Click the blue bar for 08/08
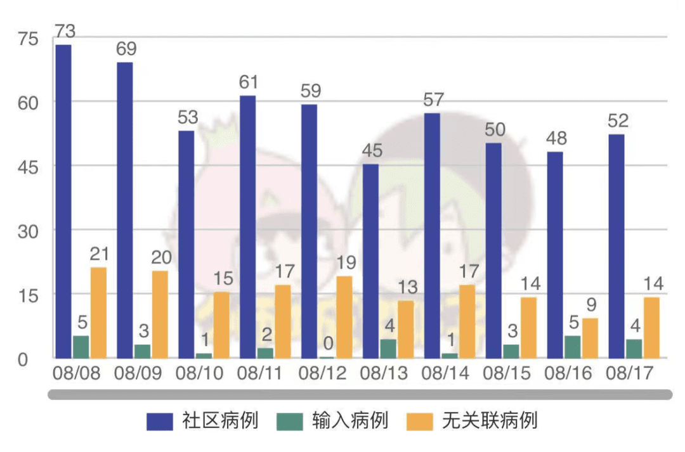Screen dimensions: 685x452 click(x=64, y=202)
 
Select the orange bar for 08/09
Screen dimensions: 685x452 click(x=160, y=314)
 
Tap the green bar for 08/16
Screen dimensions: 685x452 click(x=573, y=347)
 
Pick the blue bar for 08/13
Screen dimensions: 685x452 click(x=371, y=261)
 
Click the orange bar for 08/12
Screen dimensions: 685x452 click(x=344, y=317)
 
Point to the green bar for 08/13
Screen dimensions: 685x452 click(x=388, y=349)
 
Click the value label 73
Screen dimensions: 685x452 click(x=65, y=31)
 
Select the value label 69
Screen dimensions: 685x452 click(x=126, y=48)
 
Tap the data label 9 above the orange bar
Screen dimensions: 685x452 click(x=592, y=305)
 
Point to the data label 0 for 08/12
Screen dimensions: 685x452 click(x=328, y=343)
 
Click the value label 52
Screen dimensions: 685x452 click(x=618, y=120)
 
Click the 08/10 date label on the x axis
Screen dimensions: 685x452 click(x=199, y=373)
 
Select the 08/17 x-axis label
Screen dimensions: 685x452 click(x=630, y=373)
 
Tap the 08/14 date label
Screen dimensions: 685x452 click(x=445, y=373)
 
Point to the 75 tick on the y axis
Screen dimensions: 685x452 click(x=28, y=39)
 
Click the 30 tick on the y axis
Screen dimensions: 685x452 click(x=28, y=231)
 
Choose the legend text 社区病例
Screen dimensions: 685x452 click(x=220, y=420)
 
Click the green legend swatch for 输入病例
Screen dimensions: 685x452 click(x=290, y=422)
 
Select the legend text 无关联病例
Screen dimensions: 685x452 click(x=490, y=420)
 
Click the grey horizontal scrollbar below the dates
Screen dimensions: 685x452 click(x=360, y=395)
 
